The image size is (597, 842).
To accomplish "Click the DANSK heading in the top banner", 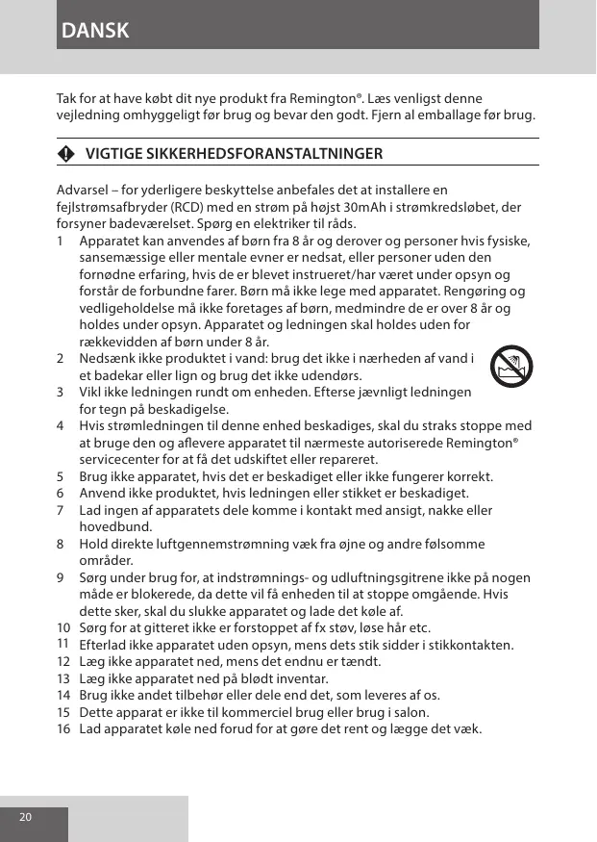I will click(x=94, y=31).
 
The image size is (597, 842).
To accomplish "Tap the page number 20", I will click(x=25, y=817).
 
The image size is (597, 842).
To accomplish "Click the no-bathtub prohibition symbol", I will click(x=510, y=367).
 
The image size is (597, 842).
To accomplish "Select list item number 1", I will click(x=62, y=240).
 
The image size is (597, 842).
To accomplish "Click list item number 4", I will click(x=62, y=425).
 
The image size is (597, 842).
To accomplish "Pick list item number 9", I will click(x=62, y=577).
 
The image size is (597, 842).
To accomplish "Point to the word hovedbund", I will click(x=111, y=527).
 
